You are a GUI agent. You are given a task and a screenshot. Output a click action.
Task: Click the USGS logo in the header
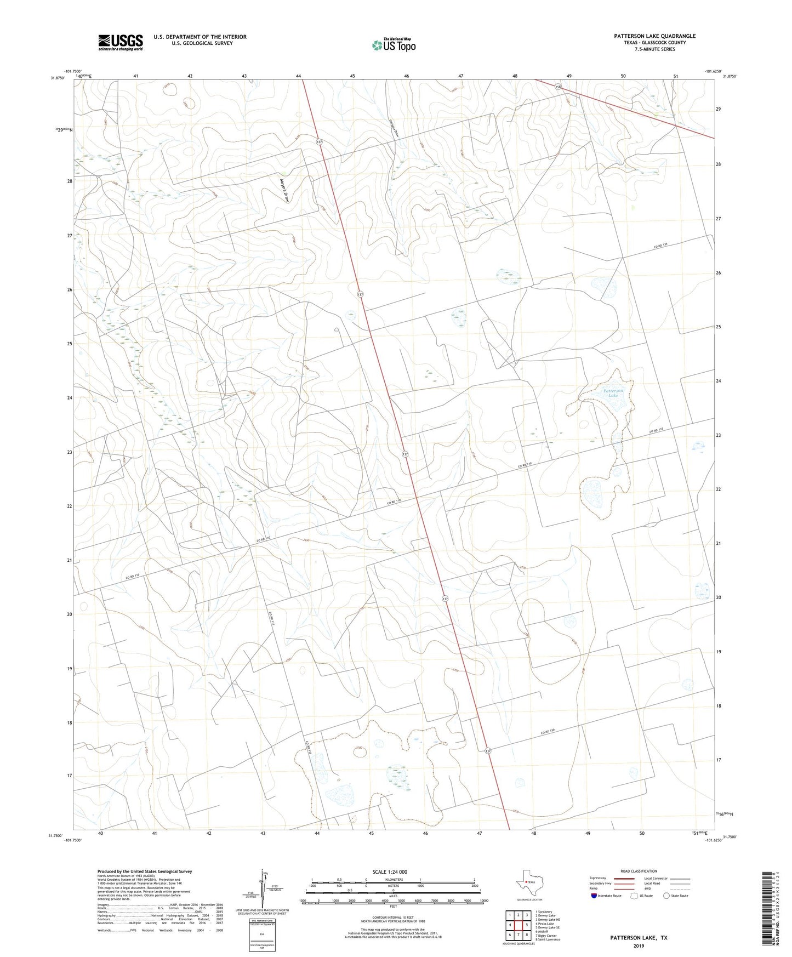pos(121,42)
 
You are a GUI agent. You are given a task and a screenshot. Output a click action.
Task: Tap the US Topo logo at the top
pos(393,45)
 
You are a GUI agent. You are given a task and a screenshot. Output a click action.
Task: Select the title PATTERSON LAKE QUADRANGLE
pos(654,36)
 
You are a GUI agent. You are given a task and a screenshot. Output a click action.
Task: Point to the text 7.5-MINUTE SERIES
pos(654,49)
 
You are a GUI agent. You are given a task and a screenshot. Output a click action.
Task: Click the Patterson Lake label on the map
pos(613,392)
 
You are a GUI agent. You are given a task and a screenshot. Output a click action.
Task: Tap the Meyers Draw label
pos(283,192)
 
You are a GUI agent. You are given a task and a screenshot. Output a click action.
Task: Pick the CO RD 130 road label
pos(552,733)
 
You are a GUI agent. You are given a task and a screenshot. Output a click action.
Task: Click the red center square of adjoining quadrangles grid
pos(518,924)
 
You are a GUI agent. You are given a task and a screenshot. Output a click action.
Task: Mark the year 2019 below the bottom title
pos(639,946)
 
